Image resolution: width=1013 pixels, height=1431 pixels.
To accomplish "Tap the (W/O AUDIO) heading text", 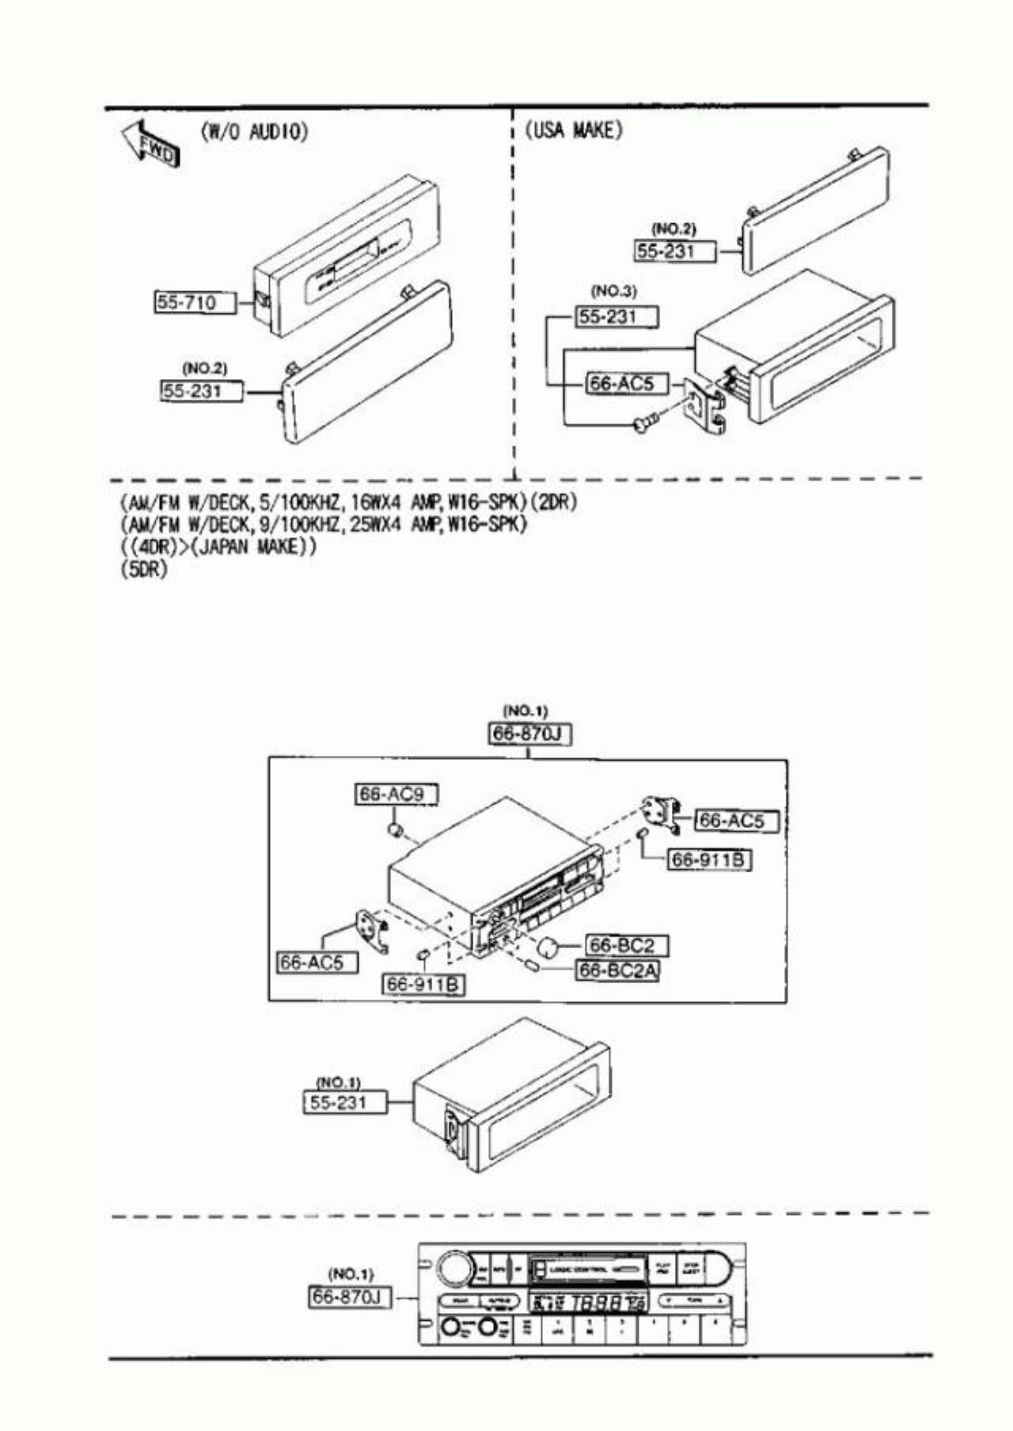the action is coord(254,131).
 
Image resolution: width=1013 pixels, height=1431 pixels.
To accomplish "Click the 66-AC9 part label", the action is coord(396,794).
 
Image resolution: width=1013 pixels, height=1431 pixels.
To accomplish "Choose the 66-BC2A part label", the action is coord(618,970).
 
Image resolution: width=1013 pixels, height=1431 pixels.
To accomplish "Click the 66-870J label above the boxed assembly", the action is coord(528,734).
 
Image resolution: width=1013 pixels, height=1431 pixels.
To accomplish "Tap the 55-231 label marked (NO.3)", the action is coord(617,317).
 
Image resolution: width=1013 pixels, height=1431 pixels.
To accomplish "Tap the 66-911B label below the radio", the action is coord(424,985).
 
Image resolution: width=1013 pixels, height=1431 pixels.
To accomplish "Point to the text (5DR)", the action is coord(144,569).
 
